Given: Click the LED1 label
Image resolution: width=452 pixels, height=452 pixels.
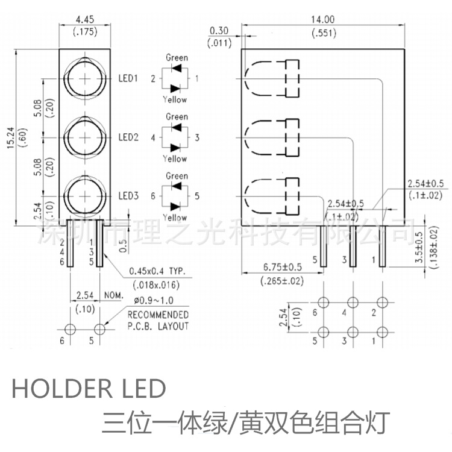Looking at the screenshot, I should [x=128, y=78].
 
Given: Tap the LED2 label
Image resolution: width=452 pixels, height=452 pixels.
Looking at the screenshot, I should [x=128, y=137].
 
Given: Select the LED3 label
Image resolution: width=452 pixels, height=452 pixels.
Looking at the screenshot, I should [x=128, y=196].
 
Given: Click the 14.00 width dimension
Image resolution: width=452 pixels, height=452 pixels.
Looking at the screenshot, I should [x=324, y=19].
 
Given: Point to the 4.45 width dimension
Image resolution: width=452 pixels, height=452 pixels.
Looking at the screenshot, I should [x=85, y=19].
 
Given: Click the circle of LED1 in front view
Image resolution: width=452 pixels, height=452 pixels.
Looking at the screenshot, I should [x=84, y=78].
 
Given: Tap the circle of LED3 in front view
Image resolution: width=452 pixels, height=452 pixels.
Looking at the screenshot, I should [x=84, y=196].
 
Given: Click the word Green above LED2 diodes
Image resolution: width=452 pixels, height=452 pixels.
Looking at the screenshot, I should [x=177, y=116].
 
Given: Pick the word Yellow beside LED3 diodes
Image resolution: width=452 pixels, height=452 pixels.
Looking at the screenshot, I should [x=175, y=218].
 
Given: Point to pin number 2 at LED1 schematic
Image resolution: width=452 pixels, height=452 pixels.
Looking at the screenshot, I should [x=153, y=78].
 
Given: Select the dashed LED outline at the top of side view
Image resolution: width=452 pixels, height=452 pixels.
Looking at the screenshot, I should [x=272, y=78].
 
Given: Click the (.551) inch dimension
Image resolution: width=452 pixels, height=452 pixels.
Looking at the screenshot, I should [x=324, y=33].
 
